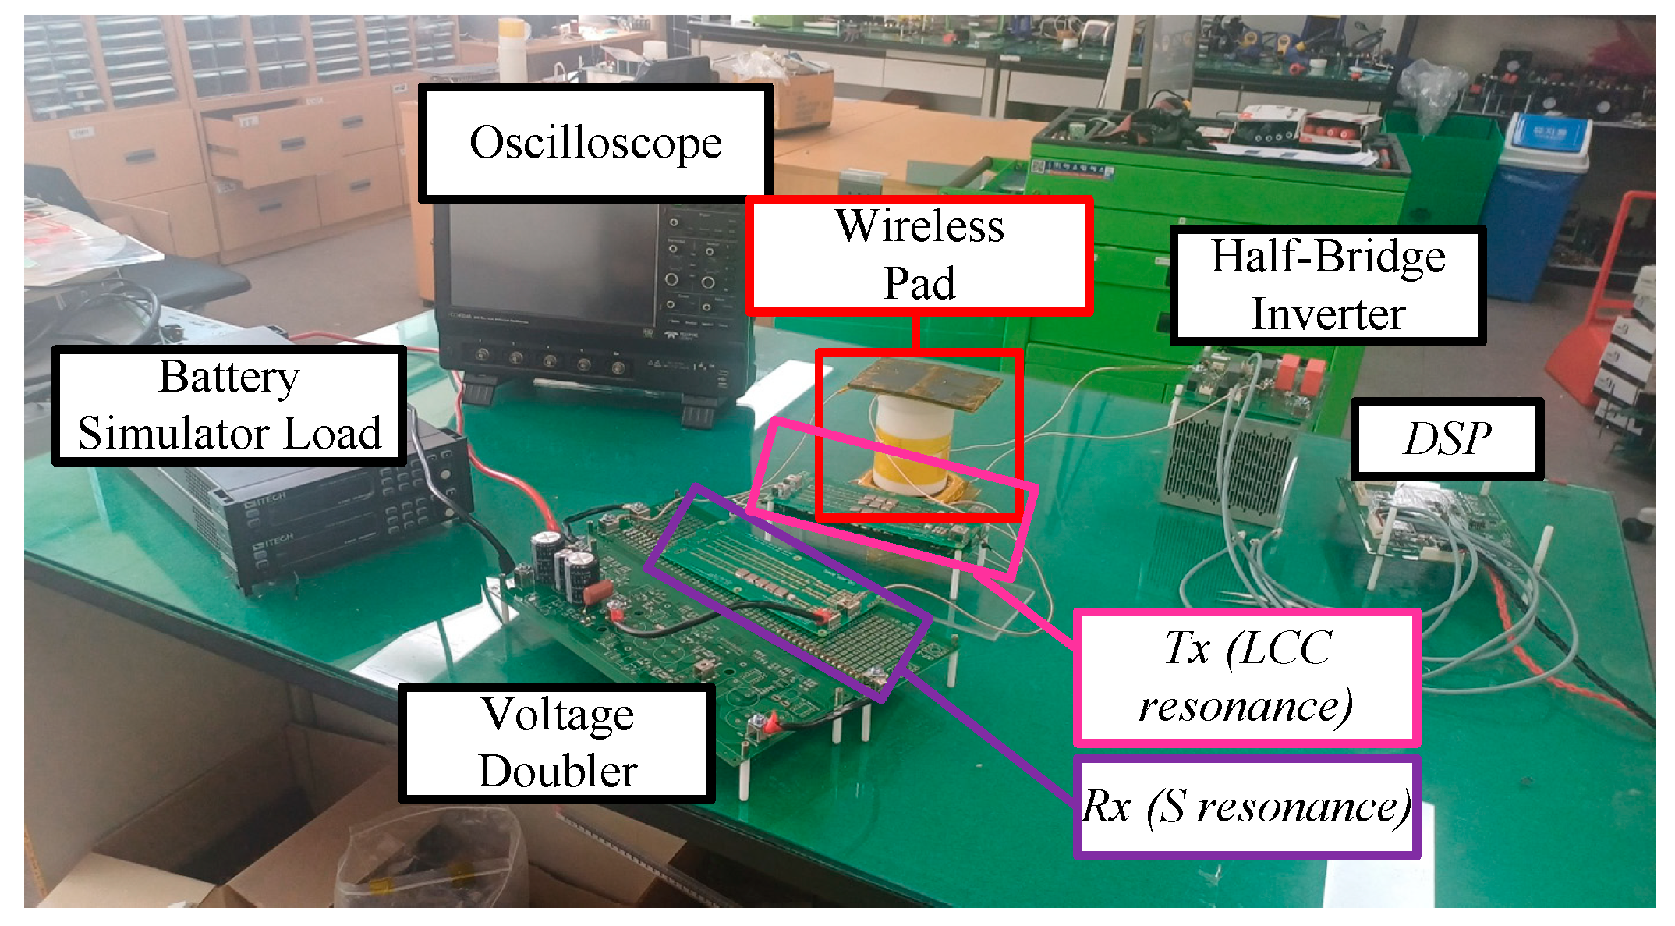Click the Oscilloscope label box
(595, 143)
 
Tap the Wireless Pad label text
(919, 254)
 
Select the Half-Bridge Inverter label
(1327, 286)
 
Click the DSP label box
(1447, 438)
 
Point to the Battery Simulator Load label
(229, 406)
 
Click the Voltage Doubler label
(557, 743)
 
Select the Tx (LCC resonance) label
(1245, 677)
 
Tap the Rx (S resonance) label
(1245, 807)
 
